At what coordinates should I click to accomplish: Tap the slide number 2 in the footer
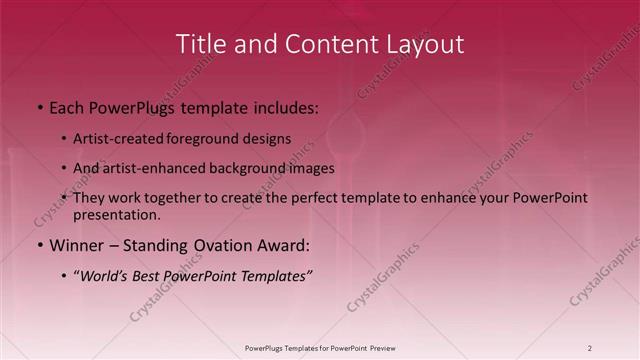(590, 347)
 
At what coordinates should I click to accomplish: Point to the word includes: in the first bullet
(283, 106)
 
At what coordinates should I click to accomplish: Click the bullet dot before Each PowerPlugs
(39, 106)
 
